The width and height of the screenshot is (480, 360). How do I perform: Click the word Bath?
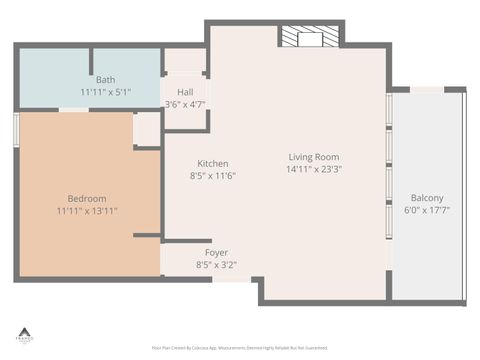106,80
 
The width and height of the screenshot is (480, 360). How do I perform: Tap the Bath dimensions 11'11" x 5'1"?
106,92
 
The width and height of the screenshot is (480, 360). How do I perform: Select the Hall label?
184,91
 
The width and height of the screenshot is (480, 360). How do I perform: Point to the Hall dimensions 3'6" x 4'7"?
184,103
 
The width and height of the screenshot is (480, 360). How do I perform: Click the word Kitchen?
212,164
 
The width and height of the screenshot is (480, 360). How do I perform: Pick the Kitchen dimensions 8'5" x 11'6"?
212,176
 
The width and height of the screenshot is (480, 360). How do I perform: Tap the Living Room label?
314,157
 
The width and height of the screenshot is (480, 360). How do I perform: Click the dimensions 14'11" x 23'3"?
314,169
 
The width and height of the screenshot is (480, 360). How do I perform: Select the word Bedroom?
87,199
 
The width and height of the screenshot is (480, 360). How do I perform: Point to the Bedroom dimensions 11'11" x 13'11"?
87,211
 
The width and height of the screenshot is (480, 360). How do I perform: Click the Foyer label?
216,253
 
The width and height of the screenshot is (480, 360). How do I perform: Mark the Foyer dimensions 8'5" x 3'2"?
216,265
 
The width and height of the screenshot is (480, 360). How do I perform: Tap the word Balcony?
427,198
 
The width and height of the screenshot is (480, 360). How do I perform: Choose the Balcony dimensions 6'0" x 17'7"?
427,210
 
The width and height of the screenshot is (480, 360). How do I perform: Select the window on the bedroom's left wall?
16,130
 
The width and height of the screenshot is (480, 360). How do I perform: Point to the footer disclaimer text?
239,348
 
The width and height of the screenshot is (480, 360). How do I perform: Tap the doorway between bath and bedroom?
74,110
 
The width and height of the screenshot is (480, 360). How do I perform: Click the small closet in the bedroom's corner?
147,129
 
